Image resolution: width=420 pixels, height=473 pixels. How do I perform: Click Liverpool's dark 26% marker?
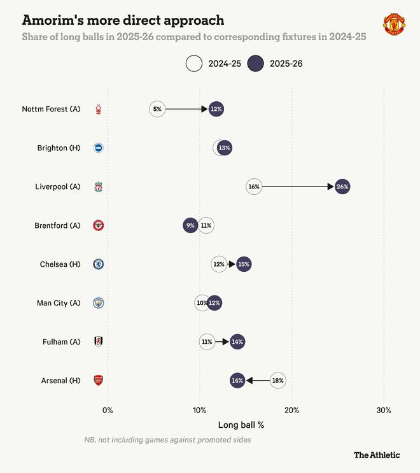[342, 187]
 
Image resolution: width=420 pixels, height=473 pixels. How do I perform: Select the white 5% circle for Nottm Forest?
[157, 109]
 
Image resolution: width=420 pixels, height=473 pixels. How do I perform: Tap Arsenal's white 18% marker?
[277, 380]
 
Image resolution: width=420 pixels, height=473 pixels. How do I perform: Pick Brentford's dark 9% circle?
[190, 225]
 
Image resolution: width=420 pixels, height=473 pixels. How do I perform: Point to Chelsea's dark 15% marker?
[244, 264]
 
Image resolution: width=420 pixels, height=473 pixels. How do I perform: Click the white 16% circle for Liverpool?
[254, 187]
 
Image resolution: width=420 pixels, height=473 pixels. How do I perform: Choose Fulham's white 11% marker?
[207, 342]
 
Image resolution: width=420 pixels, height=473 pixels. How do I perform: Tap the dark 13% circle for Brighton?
[224, 148]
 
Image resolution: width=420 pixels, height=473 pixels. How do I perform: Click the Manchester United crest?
[394, 24]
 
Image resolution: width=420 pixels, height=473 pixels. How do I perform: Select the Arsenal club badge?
[98, 380]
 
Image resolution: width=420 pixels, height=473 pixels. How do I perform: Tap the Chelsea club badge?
[98, 264]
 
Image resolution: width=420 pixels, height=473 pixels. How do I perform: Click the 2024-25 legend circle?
[193, 63]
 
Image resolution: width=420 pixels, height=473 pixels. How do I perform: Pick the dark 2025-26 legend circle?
[255, 63]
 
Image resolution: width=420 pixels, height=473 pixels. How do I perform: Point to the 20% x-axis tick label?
[291, 410]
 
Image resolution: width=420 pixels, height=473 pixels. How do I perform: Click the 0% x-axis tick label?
[108, 410]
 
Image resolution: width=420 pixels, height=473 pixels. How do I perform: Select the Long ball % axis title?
[241, 425]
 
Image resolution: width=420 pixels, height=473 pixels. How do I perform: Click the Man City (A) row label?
[59, 303]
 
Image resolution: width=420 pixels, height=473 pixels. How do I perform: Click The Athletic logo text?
[377, 455]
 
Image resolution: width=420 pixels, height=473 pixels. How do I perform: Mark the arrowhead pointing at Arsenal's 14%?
[249, 380]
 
